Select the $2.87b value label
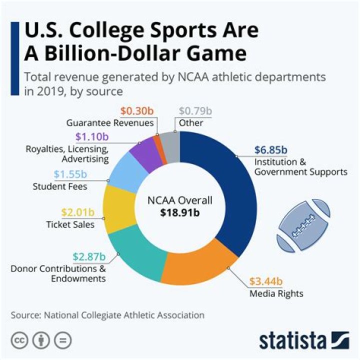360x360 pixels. [89, 257]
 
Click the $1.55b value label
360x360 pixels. [69, 175]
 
